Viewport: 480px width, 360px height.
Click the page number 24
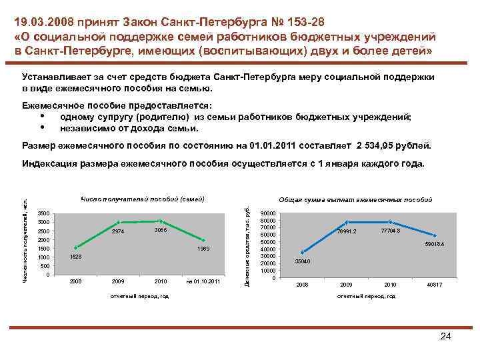point(446,337)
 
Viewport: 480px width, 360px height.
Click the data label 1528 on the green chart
point(76,257)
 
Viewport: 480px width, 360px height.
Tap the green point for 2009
point(118,222)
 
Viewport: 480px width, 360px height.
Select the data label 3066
point(160,230)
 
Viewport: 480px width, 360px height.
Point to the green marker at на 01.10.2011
point(203,241)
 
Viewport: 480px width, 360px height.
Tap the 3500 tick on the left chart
point(43,213)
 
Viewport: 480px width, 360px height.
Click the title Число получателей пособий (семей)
point(141,199)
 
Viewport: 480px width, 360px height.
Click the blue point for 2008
point(303,252)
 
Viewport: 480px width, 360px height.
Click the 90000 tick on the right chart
point(267,213)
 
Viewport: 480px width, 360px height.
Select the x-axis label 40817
point(434,285)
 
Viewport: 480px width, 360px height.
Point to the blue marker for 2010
point(391,222)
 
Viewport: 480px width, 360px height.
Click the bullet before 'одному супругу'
point(42,116)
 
